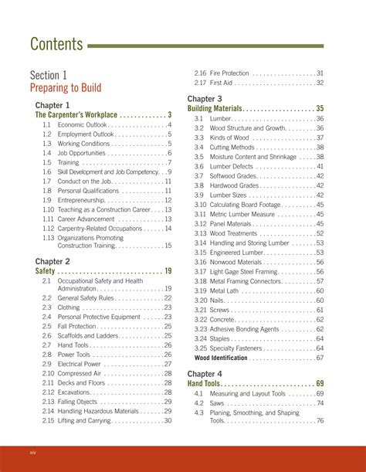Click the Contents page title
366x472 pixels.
pos(56,44)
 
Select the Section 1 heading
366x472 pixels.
pos(48,75)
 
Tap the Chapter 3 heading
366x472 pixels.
pos(205,99)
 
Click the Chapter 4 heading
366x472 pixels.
pos(205,373)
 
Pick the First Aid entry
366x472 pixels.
pos(221,83)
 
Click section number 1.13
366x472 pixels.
pos(48,237)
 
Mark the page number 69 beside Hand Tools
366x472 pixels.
pos(319,384)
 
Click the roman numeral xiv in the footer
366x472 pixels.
pos(32,451)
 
